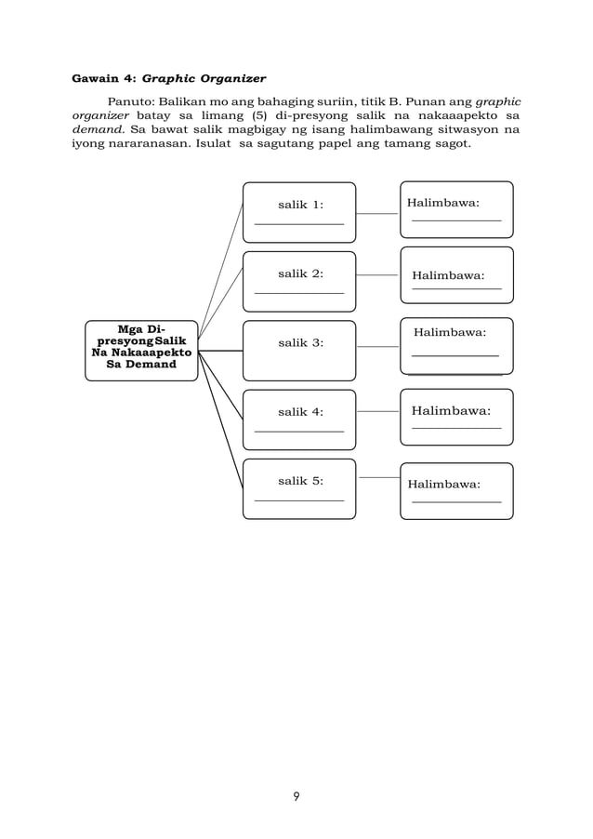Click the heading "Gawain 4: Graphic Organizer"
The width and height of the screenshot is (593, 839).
tap(168, 78)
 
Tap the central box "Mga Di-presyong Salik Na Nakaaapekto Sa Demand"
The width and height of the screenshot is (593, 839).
tap(141, 351)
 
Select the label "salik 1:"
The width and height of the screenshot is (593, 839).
tap(300, 205)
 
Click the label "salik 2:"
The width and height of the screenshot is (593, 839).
tap(300, 273)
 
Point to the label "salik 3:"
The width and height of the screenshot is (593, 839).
tap(300, 342)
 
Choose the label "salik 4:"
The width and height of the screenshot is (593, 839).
tap(300, 411)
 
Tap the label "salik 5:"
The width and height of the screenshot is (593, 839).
tap(300, 480)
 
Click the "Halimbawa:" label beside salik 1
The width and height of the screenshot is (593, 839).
tap(443, 202)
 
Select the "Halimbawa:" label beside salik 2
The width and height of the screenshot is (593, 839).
tap(448, 275)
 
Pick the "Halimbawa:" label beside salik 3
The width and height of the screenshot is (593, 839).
tap(450, 331)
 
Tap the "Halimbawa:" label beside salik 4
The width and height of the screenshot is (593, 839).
tap(451, 409)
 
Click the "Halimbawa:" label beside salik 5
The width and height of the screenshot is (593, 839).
tap(443, 484)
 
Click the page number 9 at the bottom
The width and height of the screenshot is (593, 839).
tap(296, 796)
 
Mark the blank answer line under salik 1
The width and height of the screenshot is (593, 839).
tap(298, 224)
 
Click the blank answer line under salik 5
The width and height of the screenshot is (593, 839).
tap(298, 500)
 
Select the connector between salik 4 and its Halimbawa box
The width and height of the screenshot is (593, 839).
tap(377, 411)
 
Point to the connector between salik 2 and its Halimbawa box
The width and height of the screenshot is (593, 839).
tap(377, 275)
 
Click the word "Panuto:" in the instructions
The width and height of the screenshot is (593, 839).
tap(131, 100)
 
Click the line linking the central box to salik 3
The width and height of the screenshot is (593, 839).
tap(220, 351)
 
